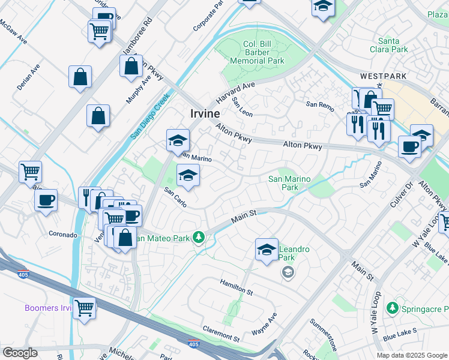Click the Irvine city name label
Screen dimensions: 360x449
tap(205, 113)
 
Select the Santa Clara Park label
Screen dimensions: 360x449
tap(388, 45)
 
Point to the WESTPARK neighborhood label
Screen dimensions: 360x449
tap(384, 77)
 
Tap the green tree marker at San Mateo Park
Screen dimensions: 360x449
tap(199, 238)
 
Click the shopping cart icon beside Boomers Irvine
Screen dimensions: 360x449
tap(85, 309)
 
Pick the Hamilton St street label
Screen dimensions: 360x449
tap(236, 286)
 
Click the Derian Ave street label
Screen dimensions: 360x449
tap(28, 78)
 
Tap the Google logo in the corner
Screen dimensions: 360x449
tap(20, 353)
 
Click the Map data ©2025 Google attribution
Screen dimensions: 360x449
tap(411, 355)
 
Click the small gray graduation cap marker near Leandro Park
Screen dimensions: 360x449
tap(288, 273)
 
